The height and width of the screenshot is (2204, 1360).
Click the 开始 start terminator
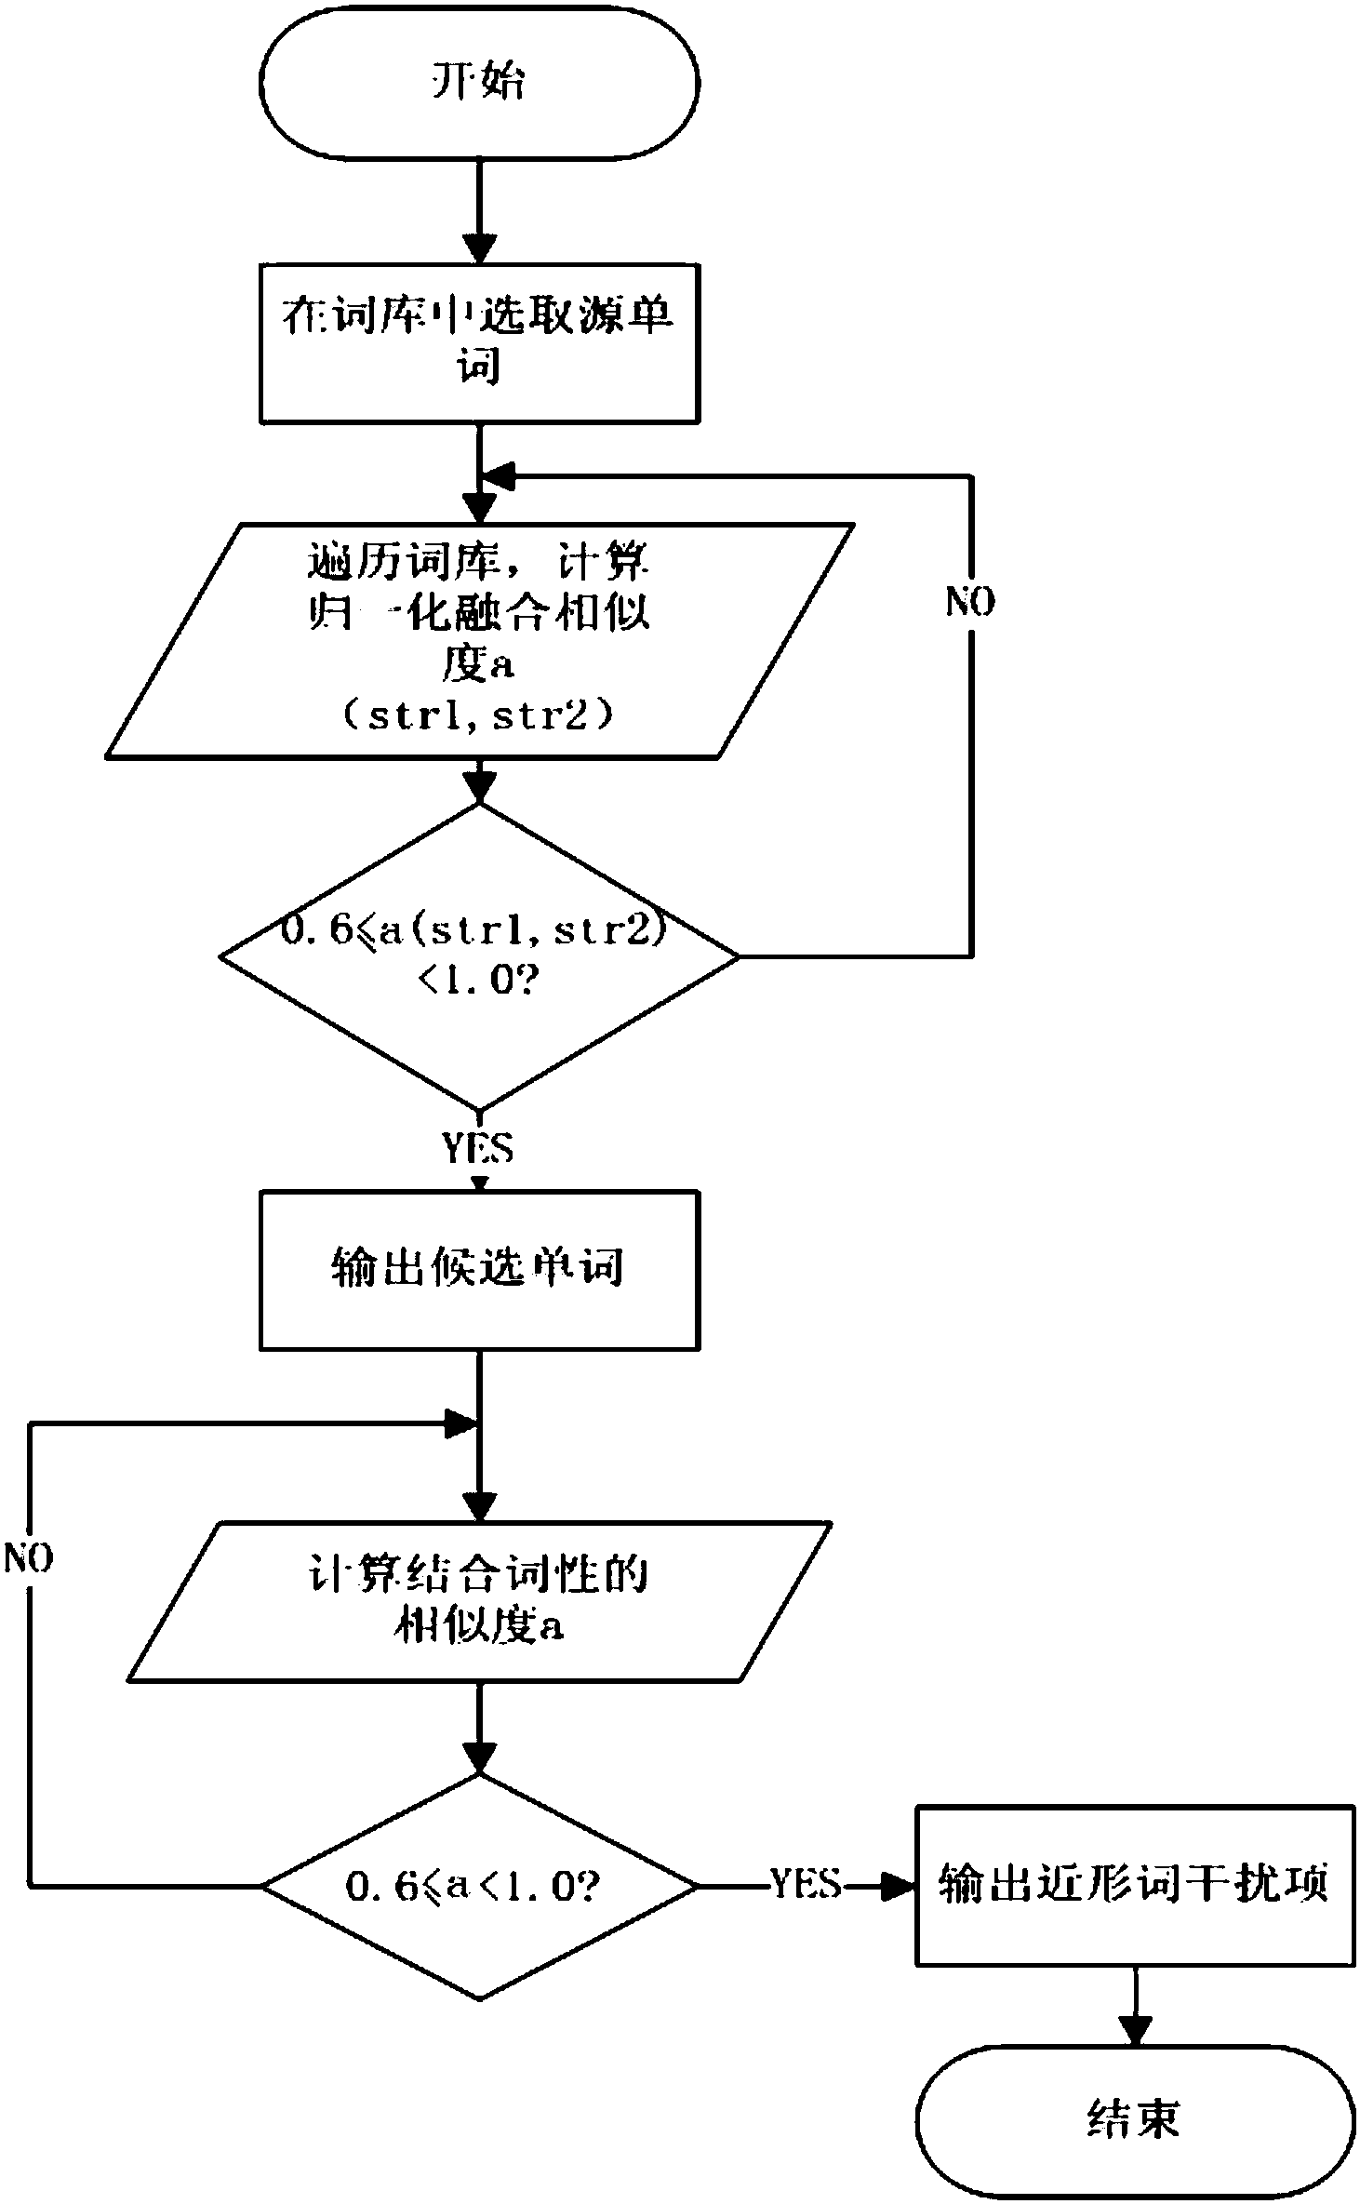[479, 82]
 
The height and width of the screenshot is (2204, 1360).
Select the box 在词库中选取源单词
[479, 343]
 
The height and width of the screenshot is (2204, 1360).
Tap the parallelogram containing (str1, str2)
[479, 641]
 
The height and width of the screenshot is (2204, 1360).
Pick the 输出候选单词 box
[479, 1270]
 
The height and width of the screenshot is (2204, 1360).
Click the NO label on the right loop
[970, 602]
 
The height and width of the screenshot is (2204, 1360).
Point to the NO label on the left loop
[29, 1557]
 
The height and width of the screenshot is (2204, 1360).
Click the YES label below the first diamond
[478, 1148]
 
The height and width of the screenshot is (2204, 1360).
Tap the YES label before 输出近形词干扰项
[807, 1884]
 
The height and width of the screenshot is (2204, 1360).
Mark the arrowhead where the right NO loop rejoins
[498, 477]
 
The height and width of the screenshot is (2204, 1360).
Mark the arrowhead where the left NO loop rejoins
[460, 1423]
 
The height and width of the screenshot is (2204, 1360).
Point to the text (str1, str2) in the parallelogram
[479, 717]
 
